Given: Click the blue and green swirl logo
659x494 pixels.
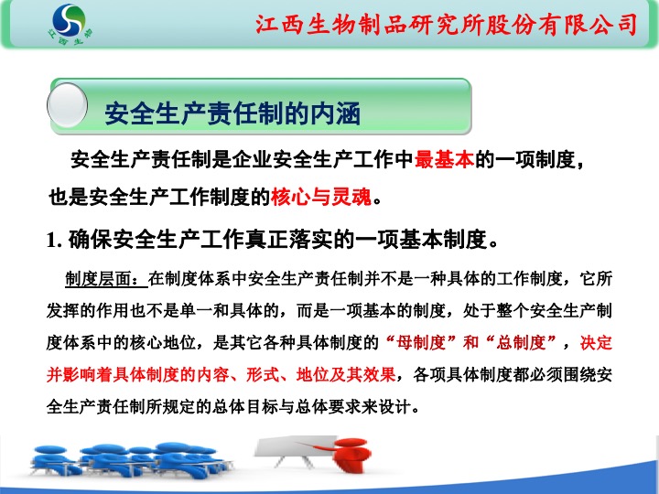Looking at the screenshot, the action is (69, 20).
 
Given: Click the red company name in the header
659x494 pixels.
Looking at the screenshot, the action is (447, 25).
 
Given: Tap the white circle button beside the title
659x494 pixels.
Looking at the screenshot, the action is (67, 105).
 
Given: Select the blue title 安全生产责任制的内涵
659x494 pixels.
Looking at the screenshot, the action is (232, 113).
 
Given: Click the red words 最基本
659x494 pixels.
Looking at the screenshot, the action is (444, 159).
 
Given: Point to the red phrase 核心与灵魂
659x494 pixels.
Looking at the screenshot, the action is (321, 197).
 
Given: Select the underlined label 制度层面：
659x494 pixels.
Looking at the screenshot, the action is (106, 278).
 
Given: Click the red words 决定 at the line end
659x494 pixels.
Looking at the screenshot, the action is (596, 343).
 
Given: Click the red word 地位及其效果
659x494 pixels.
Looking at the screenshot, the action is (345, 374).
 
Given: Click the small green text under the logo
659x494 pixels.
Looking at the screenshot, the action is (70, 37).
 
